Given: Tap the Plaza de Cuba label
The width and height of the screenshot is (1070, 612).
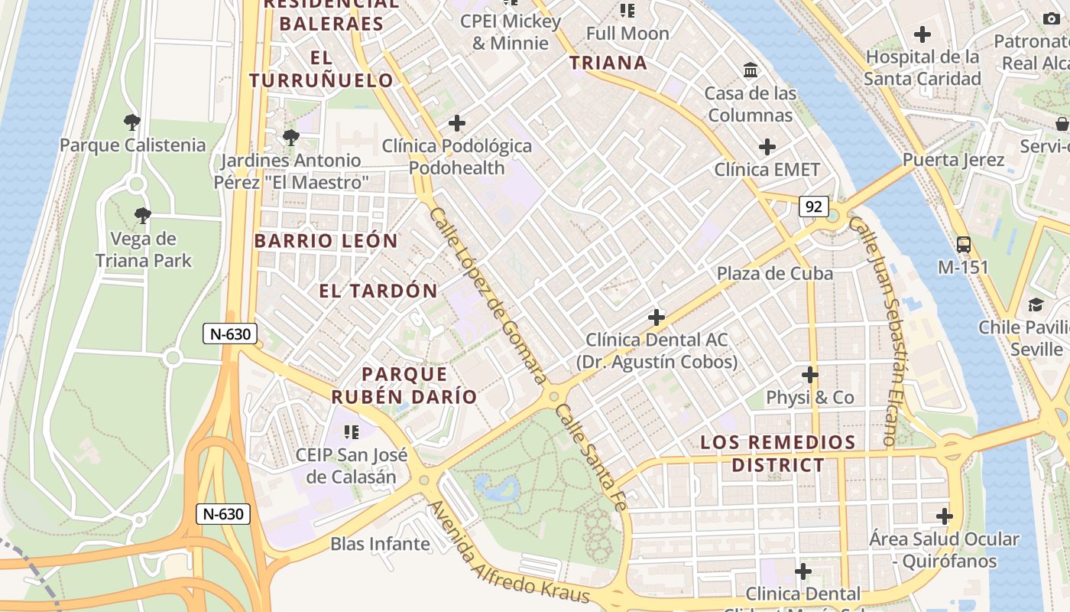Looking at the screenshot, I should pos(774,273).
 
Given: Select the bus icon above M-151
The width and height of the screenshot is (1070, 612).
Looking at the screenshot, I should pos(964,245).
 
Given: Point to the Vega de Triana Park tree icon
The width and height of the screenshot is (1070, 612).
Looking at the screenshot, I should pos(142,216).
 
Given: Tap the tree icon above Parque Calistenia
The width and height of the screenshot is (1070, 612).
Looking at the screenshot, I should pos(132,122).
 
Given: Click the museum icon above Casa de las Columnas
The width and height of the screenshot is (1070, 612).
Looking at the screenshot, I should pos(751,70).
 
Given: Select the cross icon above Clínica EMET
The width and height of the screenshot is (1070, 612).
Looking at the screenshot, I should pos(767,147).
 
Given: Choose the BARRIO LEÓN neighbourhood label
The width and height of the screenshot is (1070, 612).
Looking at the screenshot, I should pos(326,241).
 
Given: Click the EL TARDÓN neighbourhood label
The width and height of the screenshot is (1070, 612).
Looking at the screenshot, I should pos(378,291).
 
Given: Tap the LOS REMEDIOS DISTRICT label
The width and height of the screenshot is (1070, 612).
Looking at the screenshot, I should pos(778,454).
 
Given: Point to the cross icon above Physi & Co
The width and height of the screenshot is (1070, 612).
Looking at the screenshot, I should pos(810,375).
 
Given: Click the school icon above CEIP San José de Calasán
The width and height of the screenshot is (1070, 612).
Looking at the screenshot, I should pos(351,432).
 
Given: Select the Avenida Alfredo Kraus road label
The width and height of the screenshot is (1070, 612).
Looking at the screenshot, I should pos(508,553).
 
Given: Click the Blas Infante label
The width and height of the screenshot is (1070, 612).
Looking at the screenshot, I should pos(380,544).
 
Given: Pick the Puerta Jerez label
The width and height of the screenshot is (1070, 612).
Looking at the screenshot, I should pos(953,160).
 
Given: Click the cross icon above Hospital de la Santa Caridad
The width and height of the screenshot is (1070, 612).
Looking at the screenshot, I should pos(922,34).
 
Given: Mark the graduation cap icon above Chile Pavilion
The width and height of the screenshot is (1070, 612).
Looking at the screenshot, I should pos(1036,304).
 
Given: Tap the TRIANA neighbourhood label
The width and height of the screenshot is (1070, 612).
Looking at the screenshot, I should pos(608,63).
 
